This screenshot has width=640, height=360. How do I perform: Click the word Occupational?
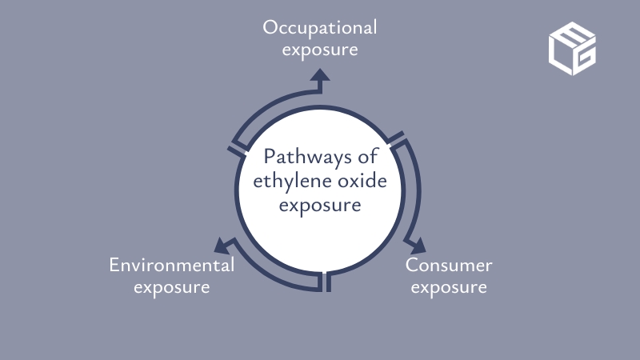(x=320, y=28)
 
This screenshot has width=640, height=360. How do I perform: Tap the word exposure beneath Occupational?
(x=320, y=49)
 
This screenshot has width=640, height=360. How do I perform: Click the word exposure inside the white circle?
(x=320, y=206)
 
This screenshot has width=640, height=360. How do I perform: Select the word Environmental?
(x=171, y=265)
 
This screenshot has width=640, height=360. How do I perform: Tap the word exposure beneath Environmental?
(x=171, y=286)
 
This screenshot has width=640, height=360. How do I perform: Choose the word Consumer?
(x=448, y=265)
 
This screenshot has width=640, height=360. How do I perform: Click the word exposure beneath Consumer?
(x=448, y=286)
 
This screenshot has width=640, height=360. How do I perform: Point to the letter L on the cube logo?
(x=561, y=51)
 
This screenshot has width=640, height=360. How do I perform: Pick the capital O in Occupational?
(x=270, y=28)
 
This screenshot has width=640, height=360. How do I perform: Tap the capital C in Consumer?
(x=411, y=265)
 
